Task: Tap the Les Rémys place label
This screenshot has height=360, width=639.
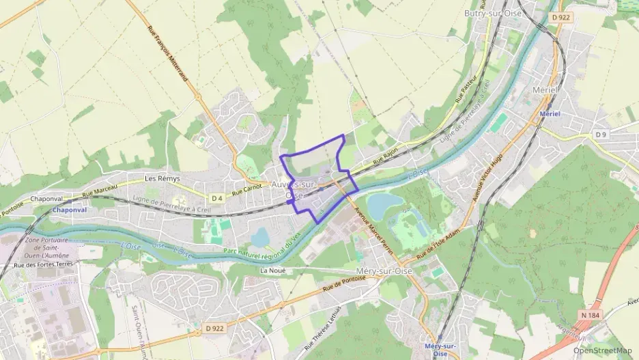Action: point(160,178)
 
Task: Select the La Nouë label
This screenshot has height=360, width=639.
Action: point(272,271)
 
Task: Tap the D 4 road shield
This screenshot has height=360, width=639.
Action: point(217,198)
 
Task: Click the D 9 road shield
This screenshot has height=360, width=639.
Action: point(600,135)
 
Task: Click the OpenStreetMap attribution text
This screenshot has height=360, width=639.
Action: point(602,351)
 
